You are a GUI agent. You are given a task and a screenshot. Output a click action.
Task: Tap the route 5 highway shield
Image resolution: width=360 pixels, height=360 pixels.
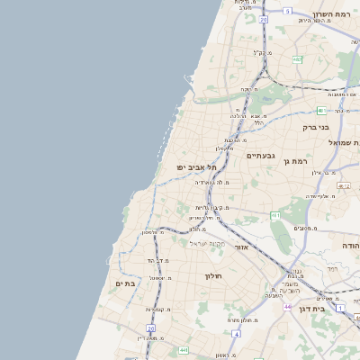pyautogui.click(x=287, y=11)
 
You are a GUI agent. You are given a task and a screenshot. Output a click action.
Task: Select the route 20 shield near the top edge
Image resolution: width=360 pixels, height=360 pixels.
pyautogui.click(x=264, y=19)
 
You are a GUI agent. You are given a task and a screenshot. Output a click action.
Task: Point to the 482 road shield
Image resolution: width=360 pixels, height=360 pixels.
pyautogui.click(x=296, y=60)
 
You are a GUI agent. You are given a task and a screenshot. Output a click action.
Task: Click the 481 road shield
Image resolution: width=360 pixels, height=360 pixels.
pyautogui.click(x=321, y=110)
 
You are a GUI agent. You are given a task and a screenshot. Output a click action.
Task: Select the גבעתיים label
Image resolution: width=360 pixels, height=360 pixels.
pyautogui.click(x=237, y=155)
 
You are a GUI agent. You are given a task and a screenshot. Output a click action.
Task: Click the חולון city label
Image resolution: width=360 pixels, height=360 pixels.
pyautogui.click(x=213, y=275)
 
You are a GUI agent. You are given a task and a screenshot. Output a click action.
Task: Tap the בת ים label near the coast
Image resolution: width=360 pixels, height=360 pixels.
pyautogui.click(x=124, y=283)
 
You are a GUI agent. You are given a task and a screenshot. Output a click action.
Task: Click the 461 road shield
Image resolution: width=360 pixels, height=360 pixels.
pyautogui.click(x=275, y=215)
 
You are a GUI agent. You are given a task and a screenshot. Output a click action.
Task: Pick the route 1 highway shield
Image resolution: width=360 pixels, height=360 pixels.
pyautogui.click(x=340, y=308)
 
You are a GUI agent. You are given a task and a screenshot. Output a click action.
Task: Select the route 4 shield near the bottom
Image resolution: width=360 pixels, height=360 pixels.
pyautogui.click(x=236, y=334)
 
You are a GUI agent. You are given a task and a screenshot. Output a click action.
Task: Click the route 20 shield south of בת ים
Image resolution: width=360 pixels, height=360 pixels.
pyautogui.click(x=151, y=329)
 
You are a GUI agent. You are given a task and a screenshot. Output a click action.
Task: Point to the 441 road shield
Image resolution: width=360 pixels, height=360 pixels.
pyautogui.click(x=184, y=349)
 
